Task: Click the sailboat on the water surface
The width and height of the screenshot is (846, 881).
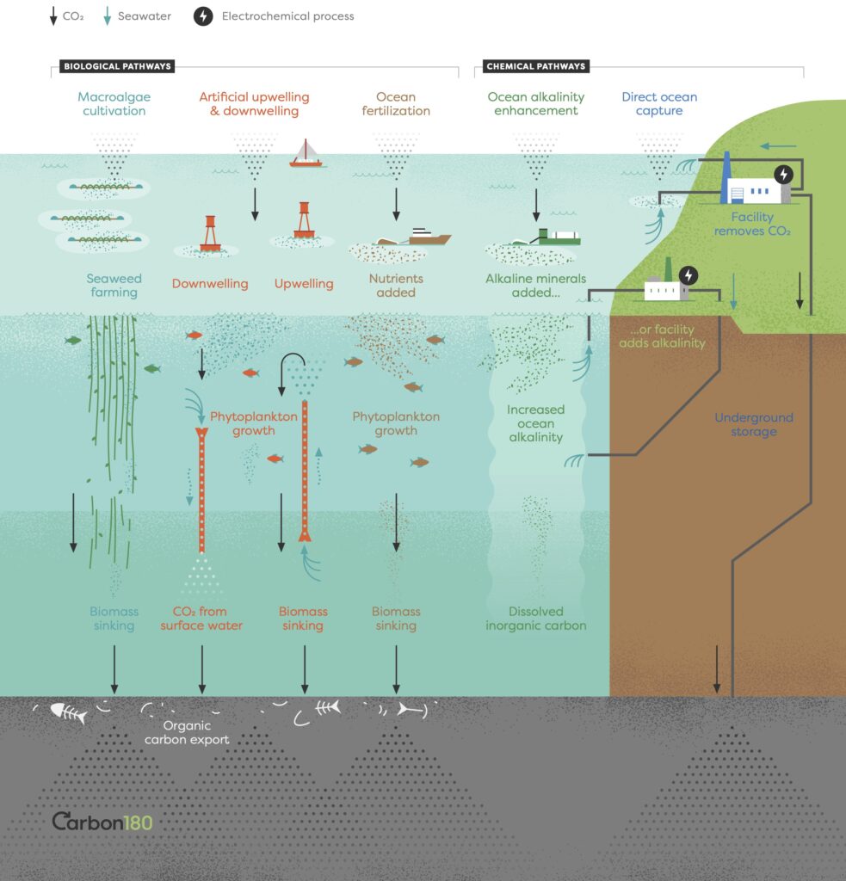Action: click(306, 153)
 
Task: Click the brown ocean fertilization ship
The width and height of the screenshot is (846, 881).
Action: click(422, 237)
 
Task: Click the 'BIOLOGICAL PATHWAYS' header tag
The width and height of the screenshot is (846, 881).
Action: click(117, 66)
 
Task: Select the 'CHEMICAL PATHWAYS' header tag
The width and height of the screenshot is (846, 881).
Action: click(535, 66)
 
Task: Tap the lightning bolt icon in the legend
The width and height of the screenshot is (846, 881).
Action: click(203, 16)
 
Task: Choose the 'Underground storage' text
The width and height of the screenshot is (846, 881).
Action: click(754, 424)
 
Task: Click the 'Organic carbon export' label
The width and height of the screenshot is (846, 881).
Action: click(187, 732)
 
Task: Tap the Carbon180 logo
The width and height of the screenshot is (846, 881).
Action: click(102, 822)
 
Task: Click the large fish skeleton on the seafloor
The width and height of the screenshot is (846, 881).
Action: click(68, 712)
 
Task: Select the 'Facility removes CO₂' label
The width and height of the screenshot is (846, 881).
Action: click(752, 224)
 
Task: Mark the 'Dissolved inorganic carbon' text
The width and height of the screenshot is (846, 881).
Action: click(536, 619)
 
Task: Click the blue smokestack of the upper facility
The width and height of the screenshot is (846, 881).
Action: click(725, 176)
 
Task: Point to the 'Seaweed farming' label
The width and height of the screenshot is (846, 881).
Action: click(114, 286)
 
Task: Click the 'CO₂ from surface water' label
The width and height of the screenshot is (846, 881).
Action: click(201, 619)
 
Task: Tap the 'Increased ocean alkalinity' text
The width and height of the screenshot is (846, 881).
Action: click(534, 423)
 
